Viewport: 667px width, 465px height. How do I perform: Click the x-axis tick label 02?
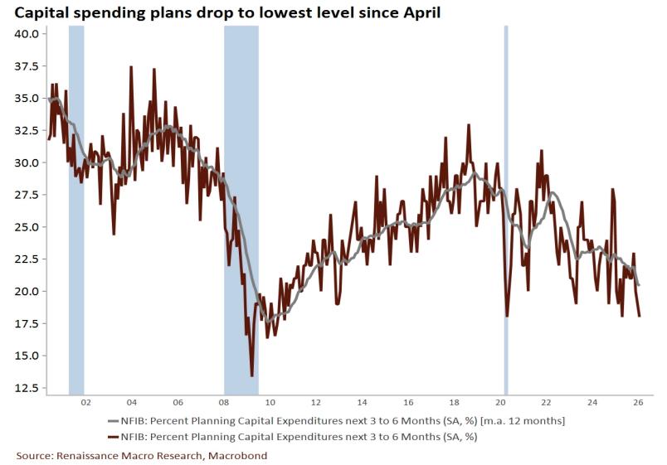coord(85,403)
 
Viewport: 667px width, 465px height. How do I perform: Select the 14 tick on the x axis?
coord(363,403)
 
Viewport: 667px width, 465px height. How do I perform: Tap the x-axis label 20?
coord(502,403)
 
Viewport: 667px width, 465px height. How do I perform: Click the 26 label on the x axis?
coord(640,403)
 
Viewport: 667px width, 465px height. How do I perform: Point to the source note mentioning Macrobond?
coord(142,456)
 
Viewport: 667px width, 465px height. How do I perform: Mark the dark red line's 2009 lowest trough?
coord(251,375)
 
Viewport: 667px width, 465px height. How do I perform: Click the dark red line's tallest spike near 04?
coord(131,67)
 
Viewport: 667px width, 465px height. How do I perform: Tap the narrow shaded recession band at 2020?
coord(506,207)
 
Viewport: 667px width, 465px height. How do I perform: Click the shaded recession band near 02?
coord(76,207)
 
